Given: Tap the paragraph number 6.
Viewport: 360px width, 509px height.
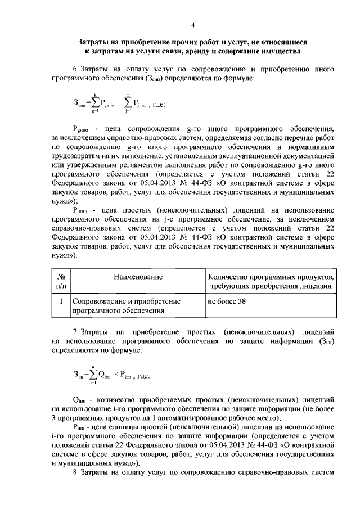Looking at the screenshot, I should [75, 69].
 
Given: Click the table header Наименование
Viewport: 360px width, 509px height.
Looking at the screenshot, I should [138, 277].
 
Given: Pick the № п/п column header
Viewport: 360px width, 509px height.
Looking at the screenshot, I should [60, 282].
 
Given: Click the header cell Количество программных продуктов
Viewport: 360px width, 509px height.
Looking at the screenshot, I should [271, 277].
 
